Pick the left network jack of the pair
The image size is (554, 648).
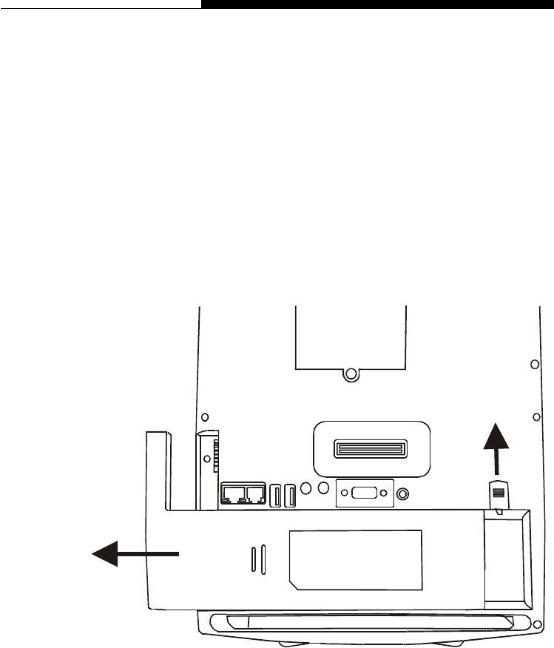tap(234, 494)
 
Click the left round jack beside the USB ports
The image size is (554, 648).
tap(306, 489)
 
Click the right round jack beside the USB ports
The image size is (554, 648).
tap(323, 489)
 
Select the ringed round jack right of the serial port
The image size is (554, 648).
tap(402, 493)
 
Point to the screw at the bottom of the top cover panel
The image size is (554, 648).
tap(352, 374)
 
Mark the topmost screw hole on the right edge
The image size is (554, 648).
tap(535, 365)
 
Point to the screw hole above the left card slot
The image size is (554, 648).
tap(206, 416)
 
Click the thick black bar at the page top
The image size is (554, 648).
tap(377, 4)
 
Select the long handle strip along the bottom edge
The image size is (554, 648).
tap(370, 621)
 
